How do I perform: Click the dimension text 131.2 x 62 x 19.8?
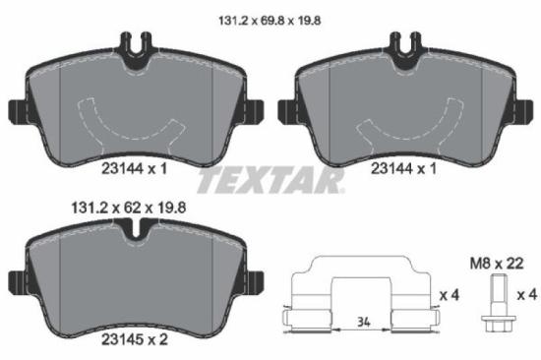(x=127, y=210)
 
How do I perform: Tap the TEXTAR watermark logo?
(x=270, y=181)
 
